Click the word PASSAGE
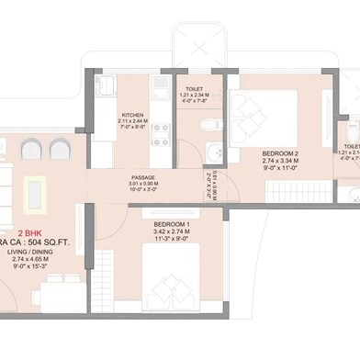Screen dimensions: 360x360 tap(141, 177)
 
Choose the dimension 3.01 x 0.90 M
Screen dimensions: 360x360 tap(141, 184)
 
